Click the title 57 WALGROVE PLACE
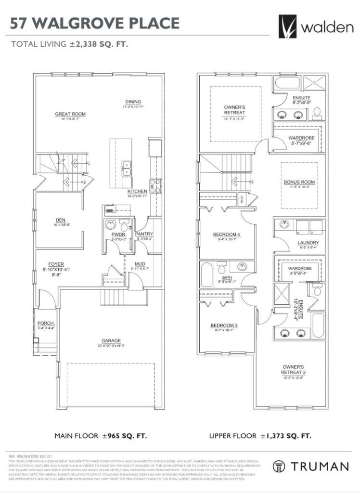[95, 23]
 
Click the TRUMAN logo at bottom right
[310, 466]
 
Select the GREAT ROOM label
[70, 114]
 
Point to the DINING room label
[133, 102]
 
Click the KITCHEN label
[137, 191]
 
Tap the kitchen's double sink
[127, 169]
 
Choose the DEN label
[60, 221]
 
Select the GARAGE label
[111, 340]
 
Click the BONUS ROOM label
[299, 182]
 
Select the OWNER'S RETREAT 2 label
[293, 369]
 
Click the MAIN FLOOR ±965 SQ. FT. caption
[100, 436]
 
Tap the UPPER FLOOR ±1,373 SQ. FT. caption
[260, 436]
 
